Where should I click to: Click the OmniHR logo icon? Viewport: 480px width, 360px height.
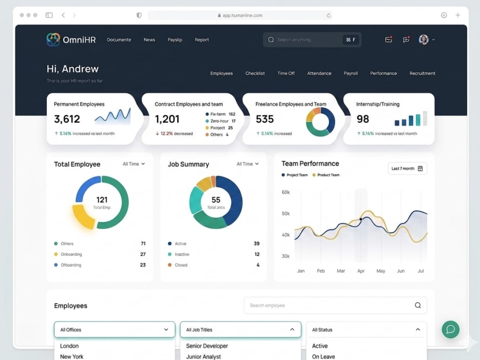[53, 39]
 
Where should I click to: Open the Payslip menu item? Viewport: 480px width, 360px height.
[175, 40]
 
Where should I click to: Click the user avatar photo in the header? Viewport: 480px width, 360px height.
[424, 39]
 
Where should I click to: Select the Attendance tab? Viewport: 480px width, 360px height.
[319, 73]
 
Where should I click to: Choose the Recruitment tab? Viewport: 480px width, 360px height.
[422, 73]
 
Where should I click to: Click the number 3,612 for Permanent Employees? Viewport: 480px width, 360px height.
[67, 119]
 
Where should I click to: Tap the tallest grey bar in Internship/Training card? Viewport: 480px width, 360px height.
[425, 118]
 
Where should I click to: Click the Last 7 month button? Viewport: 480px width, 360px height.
[407, 168]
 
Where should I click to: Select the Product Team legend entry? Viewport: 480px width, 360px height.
[326, 175]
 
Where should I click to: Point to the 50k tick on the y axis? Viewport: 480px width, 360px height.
[286, 214]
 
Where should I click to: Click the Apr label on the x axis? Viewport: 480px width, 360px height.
[361, 271]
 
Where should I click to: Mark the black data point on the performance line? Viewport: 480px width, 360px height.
[361, 219]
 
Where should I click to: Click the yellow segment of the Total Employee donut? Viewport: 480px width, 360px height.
[83, 217]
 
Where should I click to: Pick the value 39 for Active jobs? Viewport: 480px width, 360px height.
[256, 244]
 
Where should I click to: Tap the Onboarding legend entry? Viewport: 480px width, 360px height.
[68, 254]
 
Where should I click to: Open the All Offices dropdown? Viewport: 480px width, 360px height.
[115, 330]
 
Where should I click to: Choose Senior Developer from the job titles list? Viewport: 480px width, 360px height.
[207, 346]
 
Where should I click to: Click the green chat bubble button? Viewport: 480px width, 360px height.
[450, 329]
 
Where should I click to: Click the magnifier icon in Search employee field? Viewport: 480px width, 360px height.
[418, 305]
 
